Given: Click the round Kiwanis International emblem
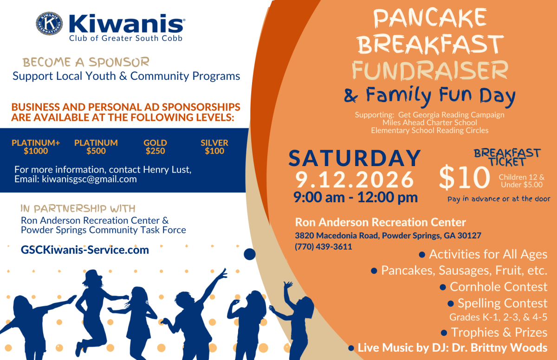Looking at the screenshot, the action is pyautogui.click(x=49, y=23).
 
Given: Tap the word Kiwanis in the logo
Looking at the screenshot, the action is pyautogui.click(x=126, y=24).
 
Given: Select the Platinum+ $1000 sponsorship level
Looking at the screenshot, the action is pyautogui.click(x=36, y=147).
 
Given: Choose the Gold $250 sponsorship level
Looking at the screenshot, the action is pyautogui.click(x=155, y=147).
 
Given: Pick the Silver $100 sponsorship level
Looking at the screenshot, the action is pyautogui.click(x=214, y=147).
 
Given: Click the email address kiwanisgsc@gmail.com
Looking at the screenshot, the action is pyautogui.click(x=89, y=179).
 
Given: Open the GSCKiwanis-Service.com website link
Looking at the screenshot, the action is pyautogui.click(x=85, y=250).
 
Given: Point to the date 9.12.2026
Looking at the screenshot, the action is pyautogui.click(x=355, y=180).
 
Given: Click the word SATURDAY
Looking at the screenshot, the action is pyautogui.click(x=355, y=158).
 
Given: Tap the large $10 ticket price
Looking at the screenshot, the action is pyautogui.click(x=465, y=177).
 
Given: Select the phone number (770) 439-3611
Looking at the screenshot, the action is pyautogui.click(x=324, y=247).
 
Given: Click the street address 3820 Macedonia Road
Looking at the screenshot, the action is pyautogui.click(x=337, y=235).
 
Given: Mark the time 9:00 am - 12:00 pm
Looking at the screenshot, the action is pyautogui.click(x=356, y=197).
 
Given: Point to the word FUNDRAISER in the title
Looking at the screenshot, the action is pyautogui.click(x=430, y=71).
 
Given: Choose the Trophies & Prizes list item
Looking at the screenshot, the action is pyautogui.click(x=494, y=333).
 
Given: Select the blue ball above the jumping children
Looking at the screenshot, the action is pyautogui.click(x=250, y=254).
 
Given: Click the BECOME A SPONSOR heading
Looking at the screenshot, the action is pyautogui.click(x=86, y=62).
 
